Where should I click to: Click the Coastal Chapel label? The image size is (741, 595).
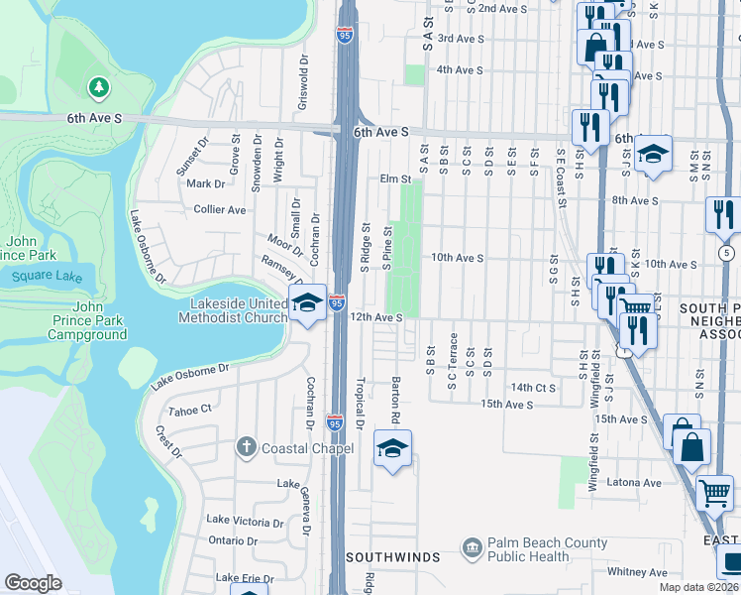307,448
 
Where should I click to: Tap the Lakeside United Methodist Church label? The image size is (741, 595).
233,310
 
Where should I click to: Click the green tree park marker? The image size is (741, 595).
98,88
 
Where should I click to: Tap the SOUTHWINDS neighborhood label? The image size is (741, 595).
392,557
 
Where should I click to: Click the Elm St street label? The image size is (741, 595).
394,179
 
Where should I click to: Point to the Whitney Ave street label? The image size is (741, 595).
637,572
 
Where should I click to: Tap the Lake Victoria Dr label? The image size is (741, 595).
245,520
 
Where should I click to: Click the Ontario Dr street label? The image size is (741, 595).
233,541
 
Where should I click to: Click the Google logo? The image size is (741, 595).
33,583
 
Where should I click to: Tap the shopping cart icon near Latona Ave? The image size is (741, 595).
714,493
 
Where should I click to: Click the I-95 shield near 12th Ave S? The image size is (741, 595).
337,302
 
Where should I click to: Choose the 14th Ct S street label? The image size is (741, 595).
533,388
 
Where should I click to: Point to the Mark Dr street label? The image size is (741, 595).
206,183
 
